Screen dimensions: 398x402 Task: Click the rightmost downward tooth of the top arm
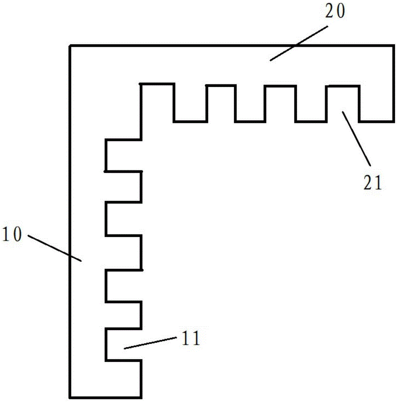coord(376,103)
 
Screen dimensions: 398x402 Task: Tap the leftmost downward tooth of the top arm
coord(190,103)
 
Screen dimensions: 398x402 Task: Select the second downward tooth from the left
coord(250,103)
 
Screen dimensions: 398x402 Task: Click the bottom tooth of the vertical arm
coord(124,378)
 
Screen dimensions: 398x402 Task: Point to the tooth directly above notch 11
coord(124,315)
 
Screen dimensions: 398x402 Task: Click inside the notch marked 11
coord(116,345)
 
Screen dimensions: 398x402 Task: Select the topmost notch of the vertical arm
coord(124,155)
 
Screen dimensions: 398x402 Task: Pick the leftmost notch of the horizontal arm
coord(220,103)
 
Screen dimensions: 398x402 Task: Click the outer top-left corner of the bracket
coord(70,46)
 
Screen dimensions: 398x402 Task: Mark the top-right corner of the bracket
coord(392,46)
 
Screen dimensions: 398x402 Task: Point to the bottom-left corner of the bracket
coord(70,396)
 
